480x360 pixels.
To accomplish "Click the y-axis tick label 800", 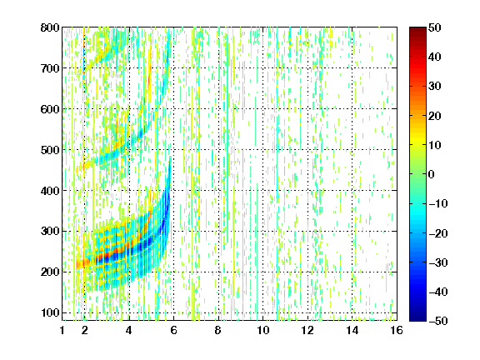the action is (50, 27).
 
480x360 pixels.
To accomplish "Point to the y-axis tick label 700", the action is (50, 68).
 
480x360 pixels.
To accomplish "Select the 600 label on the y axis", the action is (50, 109).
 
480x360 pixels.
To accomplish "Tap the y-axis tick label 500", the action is (50, 150).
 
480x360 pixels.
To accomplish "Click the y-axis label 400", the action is (50, 191).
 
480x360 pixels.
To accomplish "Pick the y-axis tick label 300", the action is (50, 232).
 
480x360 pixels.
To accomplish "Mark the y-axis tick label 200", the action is (50, 272).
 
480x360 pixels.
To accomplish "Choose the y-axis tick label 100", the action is (50, 312).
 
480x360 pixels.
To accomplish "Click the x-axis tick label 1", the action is (62, 330).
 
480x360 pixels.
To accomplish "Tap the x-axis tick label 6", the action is (173, 330).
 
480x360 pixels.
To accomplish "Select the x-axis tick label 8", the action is (218, 330).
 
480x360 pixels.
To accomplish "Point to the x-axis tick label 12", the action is (307, 330).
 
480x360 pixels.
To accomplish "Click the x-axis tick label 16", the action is (397, 330).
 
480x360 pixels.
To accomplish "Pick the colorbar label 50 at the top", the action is (434, 27).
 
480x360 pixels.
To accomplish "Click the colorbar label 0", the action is (432, 174).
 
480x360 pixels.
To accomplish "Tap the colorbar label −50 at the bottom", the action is (438, 321).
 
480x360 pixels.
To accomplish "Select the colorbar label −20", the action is (438, 233).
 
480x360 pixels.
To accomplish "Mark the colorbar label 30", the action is (434, 86).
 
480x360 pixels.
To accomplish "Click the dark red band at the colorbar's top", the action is (417, 32).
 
